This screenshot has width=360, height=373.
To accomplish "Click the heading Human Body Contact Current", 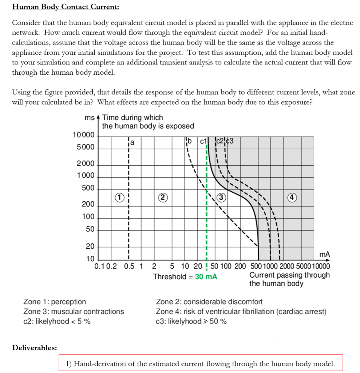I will click(x=66, y=7).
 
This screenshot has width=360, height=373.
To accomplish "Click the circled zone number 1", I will click(x=118, y=197).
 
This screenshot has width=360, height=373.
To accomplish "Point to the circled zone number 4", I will click(x=300, y=197).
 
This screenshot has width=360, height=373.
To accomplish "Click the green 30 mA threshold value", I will click(x=206, y=276).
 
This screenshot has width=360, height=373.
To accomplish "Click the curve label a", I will click(x=132, y=142).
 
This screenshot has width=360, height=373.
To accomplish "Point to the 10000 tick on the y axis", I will click(x=83, y=135).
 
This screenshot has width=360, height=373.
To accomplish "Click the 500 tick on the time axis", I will click(x=88, y=188).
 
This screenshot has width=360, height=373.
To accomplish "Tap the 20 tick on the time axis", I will click(x=90, y=247).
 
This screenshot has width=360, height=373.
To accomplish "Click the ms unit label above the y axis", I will click(x=89, y=118).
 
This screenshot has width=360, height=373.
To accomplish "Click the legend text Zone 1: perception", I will click(x=55, y=302).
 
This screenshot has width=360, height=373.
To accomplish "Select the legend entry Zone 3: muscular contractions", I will click(x=74, y=311).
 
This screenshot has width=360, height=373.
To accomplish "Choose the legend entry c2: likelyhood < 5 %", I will click(x=57, y=321).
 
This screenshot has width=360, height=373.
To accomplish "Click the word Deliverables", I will click(x=35, y=348).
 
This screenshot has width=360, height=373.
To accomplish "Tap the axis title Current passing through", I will click(x=289, y=275).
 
